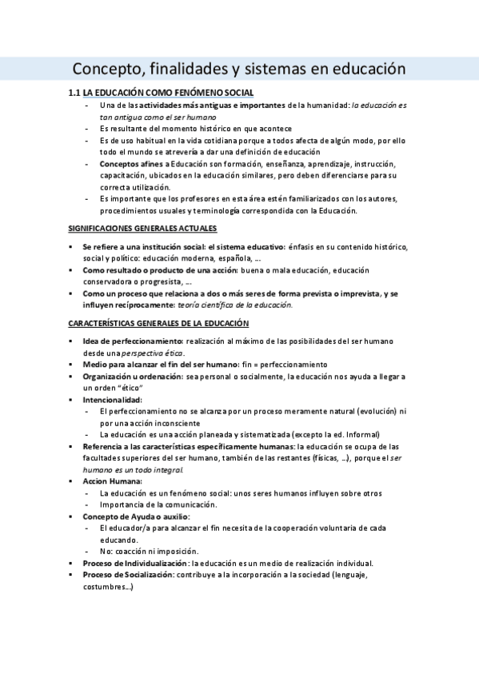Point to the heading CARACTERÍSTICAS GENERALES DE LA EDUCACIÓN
tap(158, 323)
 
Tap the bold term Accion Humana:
tap(113, 481)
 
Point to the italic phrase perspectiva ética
tap(155, 353)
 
